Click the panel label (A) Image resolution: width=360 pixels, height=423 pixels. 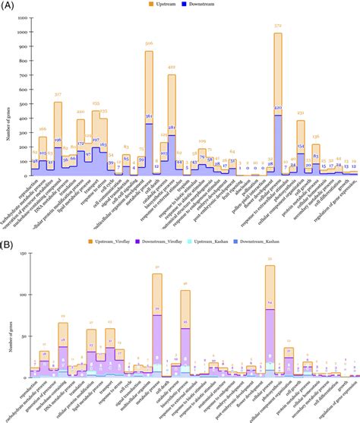point(7,7)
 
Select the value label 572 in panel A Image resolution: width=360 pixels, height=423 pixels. point(278,27)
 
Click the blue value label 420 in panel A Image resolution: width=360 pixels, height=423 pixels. point(278,109)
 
